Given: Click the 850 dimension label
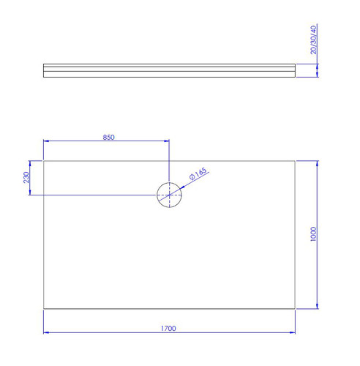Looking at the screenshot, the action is click(x=108, y=138).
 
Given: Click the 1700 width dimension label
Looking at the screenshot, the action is click(x=168, y=329).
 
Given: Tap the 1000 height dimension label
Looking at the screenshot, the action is click(x=313, y=234).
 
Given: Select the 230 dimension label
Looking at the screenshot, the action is click(x=26, y=177).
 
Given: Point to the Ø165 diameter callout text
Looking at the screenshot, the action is click(x=198, y=173).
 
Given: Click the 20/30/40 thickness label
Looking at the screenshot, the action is click(x=313, y=40).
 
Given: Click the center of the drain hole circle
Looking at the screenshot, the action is click(x=169, y=195).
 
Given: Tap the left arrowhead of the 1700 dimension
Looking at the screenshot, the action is click(x=46, y=332).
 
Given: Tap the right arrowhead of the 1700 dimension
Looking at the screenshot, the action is click(x=293, y=332).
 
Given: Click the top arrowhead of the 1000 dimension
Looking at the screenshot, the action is click(x=317, y=163).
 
